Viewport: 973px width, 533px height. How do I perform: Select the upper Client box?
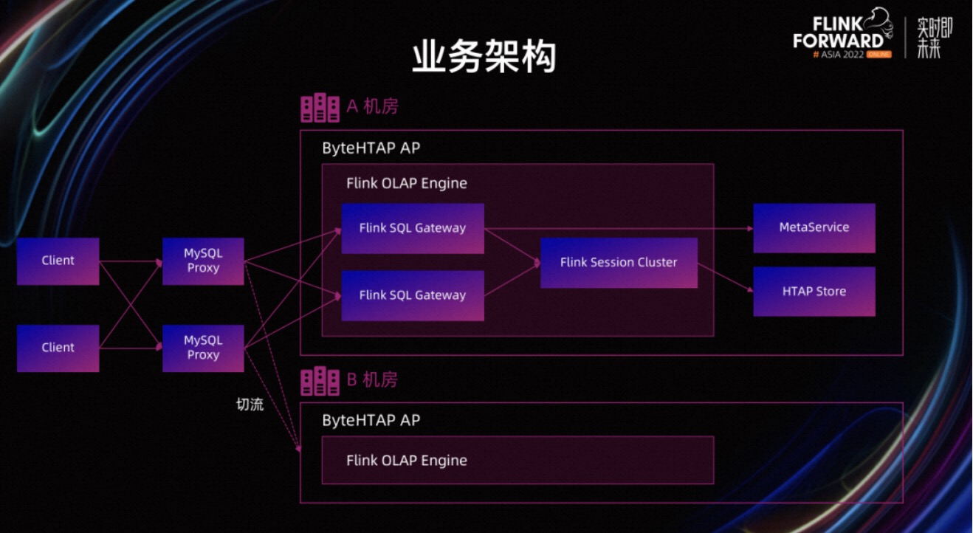58,261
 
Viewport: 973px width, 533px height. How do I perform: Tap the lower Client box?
58,348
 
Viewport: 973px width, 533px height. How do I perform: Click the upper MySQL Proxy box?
203,261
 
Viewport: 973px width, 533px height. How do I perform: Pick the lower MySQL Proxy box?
203,348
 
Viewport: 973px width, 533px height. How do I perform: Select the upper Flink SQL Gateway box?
412,228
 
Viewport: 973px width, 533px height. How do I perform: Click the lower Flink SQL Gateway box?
412,295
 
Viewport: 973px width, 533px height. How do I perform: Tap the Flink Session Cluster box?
618,262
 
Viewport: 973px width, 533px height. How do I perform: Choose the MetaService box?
814,227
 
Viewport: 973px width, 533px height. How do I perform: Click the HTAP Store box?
814,292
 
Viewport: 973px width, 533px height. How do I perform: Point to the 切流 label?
250,405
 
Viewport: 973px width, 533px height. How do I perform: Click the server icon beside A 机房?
320,108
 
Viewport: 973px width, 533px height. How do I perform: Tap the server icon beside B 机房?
320,381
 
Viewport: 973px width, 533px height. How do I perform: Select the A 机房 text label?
372,107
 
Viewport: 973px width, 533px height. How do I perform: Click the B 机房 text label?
372,380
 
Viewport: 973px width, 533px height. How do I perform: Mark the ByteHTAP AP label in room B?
371,421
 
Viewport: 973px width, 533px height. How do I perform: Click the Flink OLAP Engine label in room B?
406,461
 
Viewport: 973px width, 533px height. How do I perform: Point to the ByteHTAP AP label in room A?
371,148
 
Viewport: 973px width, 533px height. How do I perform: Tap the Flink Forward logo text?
839,32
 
